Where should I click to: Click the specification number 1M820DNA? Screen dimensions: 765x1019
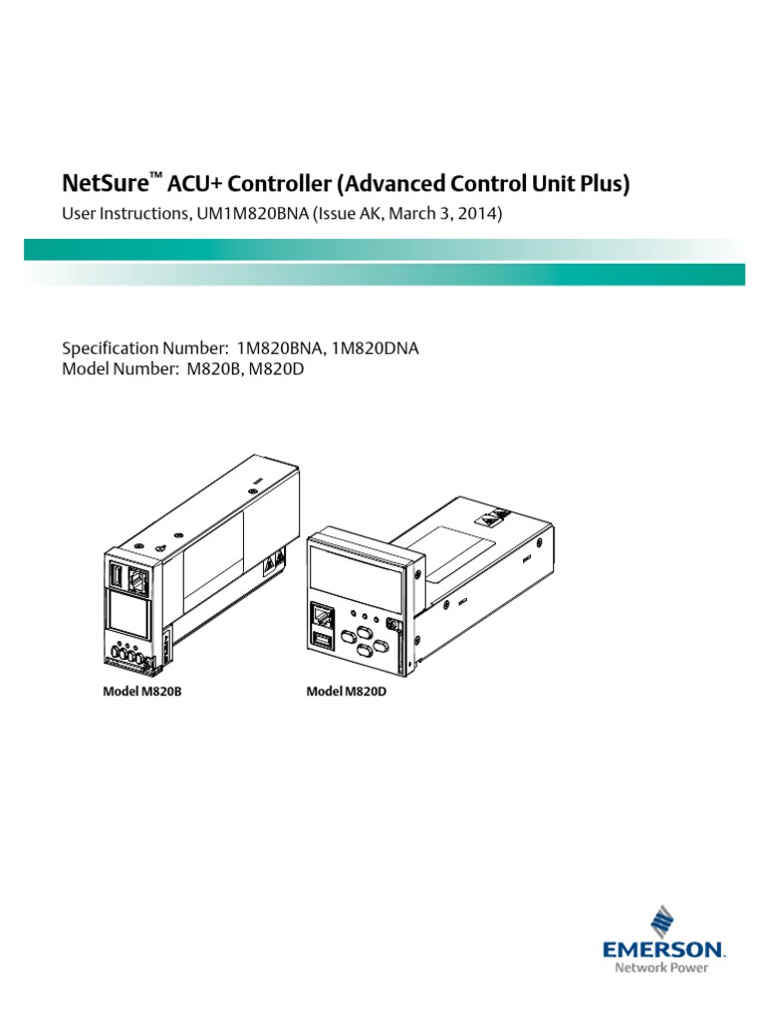pos(382,348)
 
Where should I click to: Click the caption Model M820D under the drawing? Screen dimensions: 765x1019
pos(346,691)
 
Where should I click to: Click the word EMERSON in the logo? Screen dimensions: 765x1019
pos(663,951)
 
